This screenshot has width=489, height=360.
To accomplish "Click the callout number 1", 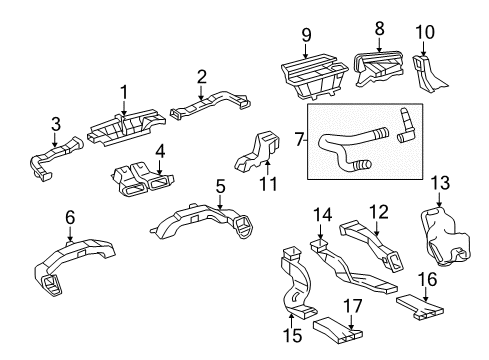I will point(124,92).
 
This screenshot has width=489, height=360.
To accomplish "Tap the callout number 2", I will point(201,76).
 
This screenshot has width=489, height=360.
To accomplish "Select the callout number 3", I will point(56,123).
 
